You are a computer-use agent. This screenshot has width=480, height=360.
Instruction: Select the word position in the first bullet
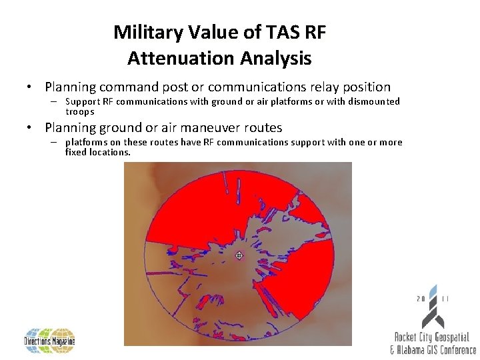coord(366,87)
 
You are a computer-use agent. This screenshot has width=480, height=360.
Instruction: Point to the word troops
coord(80,111)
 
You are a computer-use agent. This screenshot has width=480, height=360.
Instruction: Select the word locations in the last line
coord(109,152)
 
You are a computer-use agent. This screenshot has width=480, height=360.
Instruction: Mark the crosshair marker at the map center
coord(239,255)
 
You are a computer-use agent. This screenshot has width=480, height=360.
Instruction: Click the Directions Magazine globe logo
coord(50,341)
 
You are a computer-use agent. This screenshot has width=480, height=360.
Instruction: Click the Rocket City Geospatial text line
coord(431,338)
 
